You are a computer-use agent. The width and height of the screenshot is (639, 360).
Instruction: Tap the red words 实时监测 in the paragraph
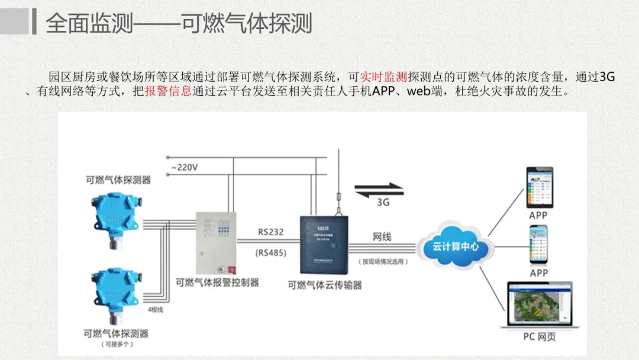click(x=384, y=77)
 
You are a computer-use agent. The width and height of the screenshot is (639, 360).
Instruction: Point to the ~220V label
click(x=184, y=168)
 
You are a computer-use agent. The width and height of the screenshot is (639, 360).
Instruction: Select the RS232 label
click(x=271, y=232)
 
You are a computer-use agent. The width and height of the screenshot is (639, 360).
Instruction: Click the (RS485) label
click(x=271, y=253)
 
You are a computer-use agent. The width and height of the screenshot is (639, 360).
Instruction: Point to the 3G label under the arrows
click(x=383, y=202)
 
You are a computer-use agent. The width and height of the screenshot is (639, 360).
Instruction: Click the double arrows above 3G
click(x=379, y=189)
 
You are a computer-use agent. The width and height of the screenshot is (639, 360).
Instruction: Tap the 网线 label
click(x=382, y=237)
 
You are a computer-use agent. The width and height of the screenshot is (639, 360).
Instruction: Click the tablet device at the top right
click(x=540, y=187)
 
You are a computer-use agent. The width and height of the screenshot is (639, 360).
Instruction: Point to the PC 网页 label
click(x=539, y=337)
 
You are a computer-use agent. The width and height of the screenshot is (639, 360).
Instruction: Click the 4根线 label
click(x=155, y=309)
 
